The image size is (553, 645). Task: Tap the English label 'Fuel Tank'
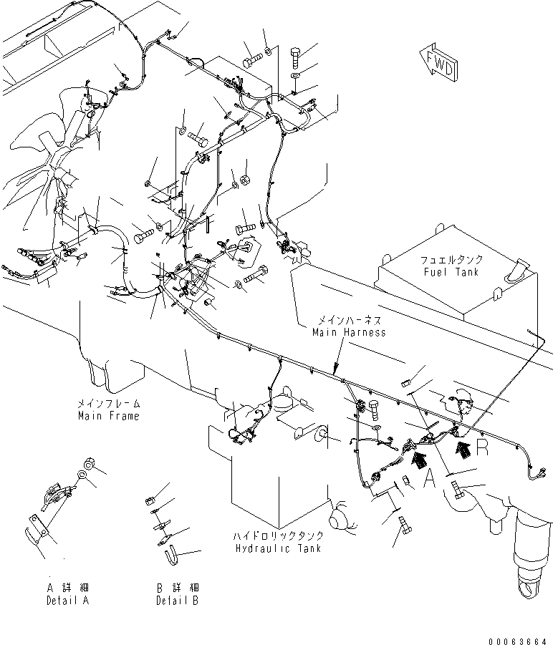coord(451,272)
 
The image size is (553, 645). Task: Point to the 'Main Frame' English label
coord(109,416)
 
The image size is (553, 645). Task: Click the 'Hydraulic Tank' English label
coord(276,548)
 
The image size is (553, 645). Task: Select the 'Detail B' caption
coord(177,601)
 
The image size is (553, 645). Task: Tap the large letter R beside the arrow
coord(481,449)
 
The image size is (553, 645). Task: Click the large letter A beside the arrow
coord(431,479)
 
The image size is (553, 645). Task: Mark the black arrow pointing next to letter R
coord(463,449)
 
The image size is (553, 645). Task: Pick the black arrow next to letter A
coord(416,462)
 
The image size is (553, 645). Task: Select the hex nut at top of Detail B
coord(151,499)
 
